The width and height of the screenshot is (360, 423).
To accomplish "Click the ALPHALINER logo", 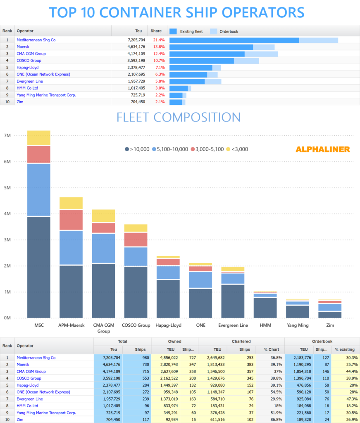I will click(x=322, y=149).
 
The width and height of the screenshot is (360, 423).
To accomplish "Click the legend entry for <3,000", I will click(x=237, y=149).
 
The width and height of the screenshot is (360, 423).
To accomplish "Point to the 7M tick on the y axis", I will click(x=7, y=135).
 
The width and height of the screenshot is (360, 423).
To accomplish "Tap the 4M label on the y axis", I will click(x=7, y=214).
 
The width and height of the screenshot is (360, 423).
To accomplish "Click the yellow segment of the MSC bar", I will click(x=38, y=138).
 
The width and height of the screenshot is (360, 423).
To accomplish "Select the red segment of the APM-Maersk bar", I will click(x=71, y=220).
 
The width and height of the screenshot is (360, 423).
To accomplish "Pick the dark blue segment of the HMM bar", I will click(x=265, y=307).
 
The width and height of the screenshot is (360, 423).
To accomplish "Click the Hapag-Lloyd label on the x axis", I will click(x=168, y=326).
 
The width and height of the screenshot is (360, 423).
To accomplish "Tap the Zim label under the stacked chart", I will click(x=330, y=326).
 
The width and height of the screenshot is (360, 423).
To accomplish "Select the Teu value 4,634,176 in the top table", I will click(x=134, y=47).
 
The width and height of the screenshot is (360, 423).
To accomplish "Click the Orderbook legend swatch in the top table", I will click(x=214, y=31).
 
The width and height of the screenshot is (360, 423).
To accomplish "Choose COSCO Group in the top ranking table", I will click(x=29, y=61).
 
